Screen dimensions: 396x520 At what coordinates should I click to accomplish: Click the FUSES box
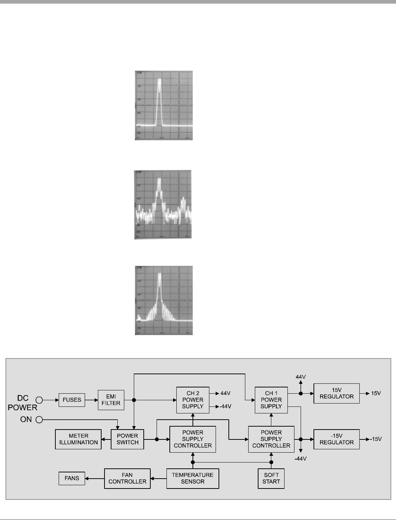[72, 400]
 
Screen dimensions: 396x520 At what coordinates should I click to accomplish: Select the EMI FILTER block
[111, 400]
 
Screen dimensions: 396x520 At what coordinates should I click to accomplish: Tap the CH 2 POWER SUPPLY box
[192, 400]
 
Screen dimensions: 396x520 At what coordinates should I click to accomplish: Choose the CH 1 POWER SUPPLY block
[271, 400]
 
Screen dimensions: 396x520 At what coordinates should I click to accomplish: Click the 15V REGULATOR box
[336, 394]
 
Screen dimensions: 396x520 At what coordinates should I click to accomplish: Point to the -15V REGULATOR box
[336, 439]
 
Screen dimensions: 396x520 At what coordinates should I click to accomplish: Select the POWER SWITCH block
[127, 439]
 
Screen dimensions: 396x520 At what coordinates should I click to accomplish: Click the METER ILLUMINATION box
[78, 439]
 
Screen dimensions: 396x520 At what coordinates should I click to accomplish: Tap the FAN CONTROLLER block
[127, 478]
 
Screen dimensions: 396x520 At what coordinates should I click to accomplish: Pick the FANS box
[72, 478]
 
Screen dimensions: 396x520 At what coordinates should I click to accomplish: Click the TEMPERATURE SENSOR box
[192, 478]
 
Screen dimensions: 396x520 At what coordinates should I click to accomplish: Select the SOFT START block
[271, 478]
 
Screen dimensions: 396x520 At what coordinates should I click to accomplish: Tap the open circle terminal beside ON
[39, 420]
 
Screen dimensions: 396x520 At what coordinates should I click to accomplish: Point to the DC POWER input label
[23, 403]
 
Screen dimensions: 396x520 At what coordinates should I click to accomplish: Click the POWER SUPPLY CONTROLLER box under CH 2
[192, 439]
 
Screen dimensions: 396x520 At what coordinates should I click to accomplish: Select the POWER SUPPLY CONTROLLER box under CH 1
[271, 439]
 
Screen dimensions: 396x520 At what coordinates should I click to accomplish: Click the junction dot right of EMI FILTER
[134, 400]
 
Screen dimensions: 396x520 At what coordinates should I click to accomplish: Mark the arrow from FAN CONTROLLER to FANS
[95, 478]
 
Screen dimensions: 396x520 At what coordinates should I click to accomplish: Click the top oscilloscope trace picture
[164, 105]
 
